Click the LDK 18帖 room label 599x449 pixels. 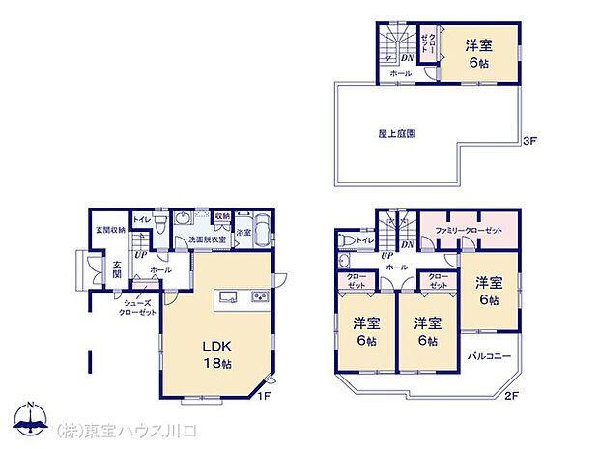tap(217, 353)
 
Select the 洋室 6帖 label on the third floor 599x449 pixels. tap(477, 53)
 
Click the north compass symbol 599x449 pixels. tap(32, 419)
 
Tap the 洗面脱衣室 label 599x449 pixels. tap(207, 239)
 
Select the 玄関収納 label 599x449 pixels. tap(108, 230)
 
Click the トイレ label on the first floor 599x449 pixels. tap(141, 220)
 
